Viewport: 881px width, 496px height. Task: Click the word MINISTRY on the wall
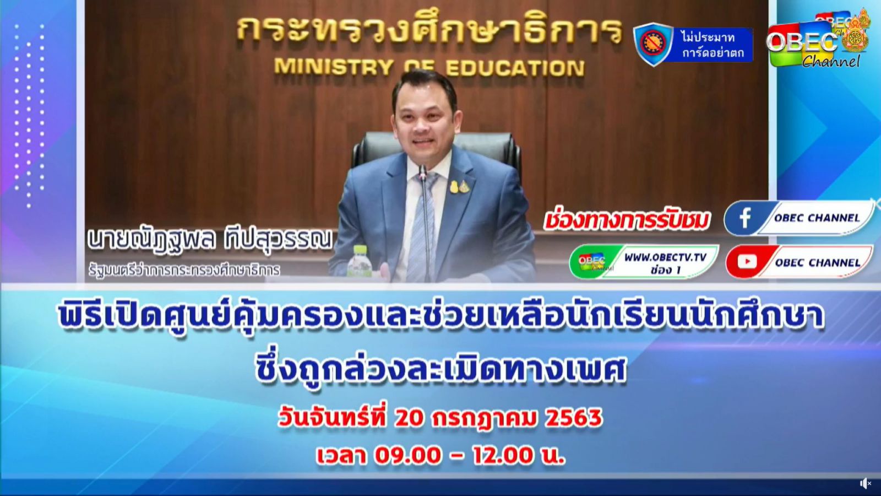(x=334, y=67)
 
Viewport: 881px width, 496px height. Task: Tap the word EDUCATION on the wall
(x=515, y=68)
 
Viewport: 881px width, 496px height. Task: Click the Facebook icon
(x=745, y=218)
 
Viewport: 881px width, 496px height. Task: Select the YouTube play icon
(x=747, y=262)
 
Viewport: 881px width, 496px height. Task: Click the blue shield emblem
(x=653, y=44)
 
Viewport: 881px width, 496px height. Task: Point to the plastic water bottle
(x=358, y=261)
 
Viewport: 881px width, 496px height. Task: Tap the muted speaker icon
(x=865, y=483)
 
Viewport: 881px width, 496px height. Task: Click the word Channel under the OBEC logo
(x=831, y=62)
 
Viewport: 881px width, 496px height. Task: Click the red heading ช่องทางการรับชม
(x=627, y=221)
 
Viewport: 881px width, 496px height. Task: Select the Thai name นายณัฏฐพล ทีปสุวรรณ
(x=210, y=239)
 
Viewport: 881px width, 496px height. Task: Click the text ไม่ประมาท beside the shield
(x=708, y=37)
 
